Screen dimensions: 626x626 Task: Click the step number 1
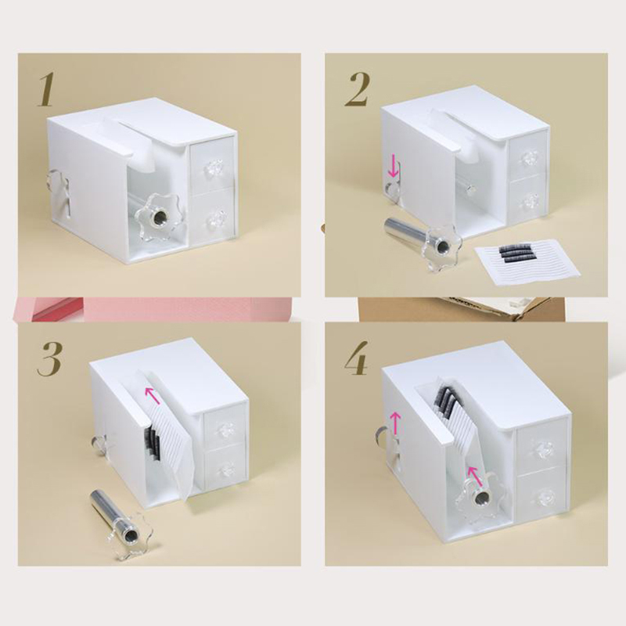tap(46, 91)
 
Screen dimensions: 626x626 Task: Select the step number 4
tap(357, 358)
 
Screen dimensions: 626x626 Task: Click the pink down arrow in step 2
tap(394, 167)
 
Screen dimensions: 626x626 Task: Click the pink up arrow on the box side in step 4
tap(395, 423)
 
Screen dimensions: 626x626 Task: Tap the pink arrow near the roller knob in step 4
tap(474, 475)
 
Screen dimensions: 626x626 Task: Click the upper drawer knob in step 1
tap(211, 168)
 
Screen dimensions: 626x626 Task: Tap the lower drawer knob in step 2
tap(526, 200)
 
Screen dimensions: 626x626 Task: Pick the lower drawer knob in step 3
tap(227, 467)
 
